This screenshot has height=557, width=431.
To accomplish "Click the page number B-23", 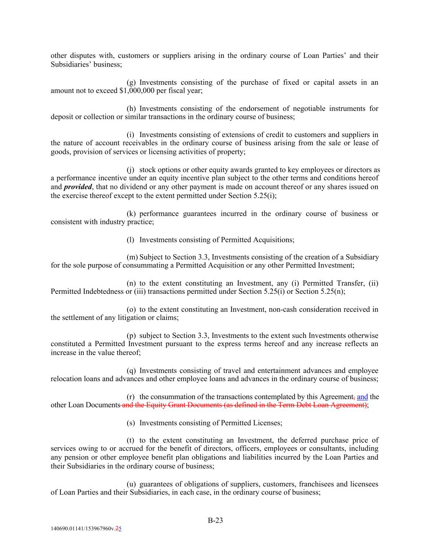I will click(215, 520).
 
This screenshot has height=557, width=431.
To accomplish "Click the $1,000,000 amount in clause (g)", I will click(137, 91).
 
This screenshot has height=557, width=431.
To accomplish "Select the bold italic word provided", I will click(78, 187).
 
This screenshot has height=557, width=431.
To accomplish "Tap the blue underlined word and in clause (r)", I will click(362, 397).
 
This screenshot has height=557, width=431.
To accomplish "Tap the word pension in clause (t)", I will click(76, 457).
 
